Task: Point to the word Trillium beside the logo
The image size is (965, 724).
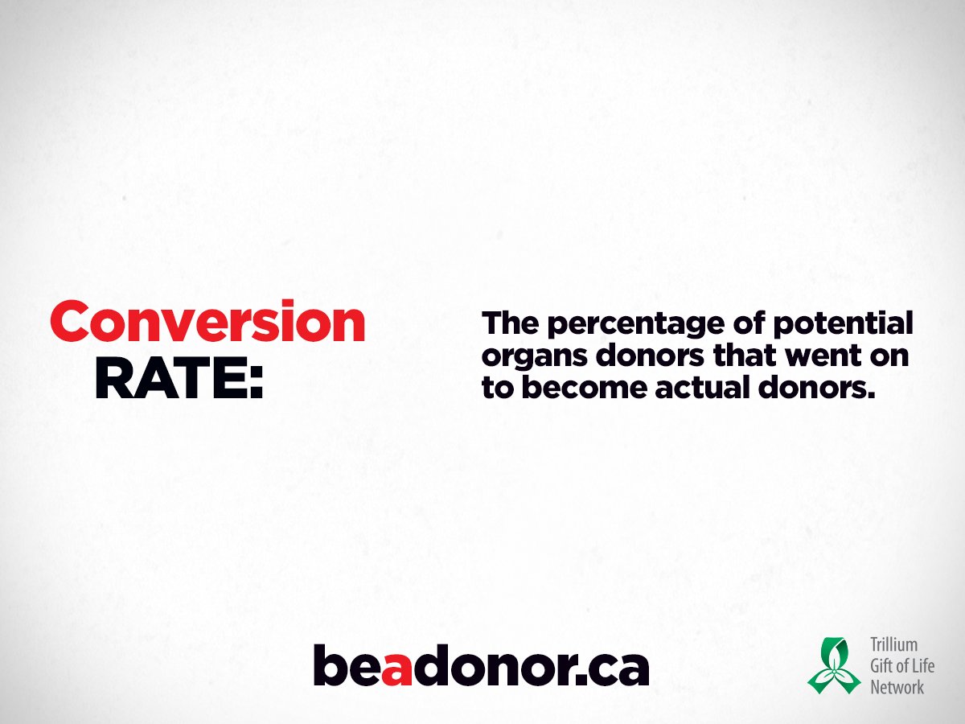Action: [x=893, y=645]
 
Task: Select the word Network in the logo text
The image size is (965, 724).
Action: [x=897, y=687]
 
